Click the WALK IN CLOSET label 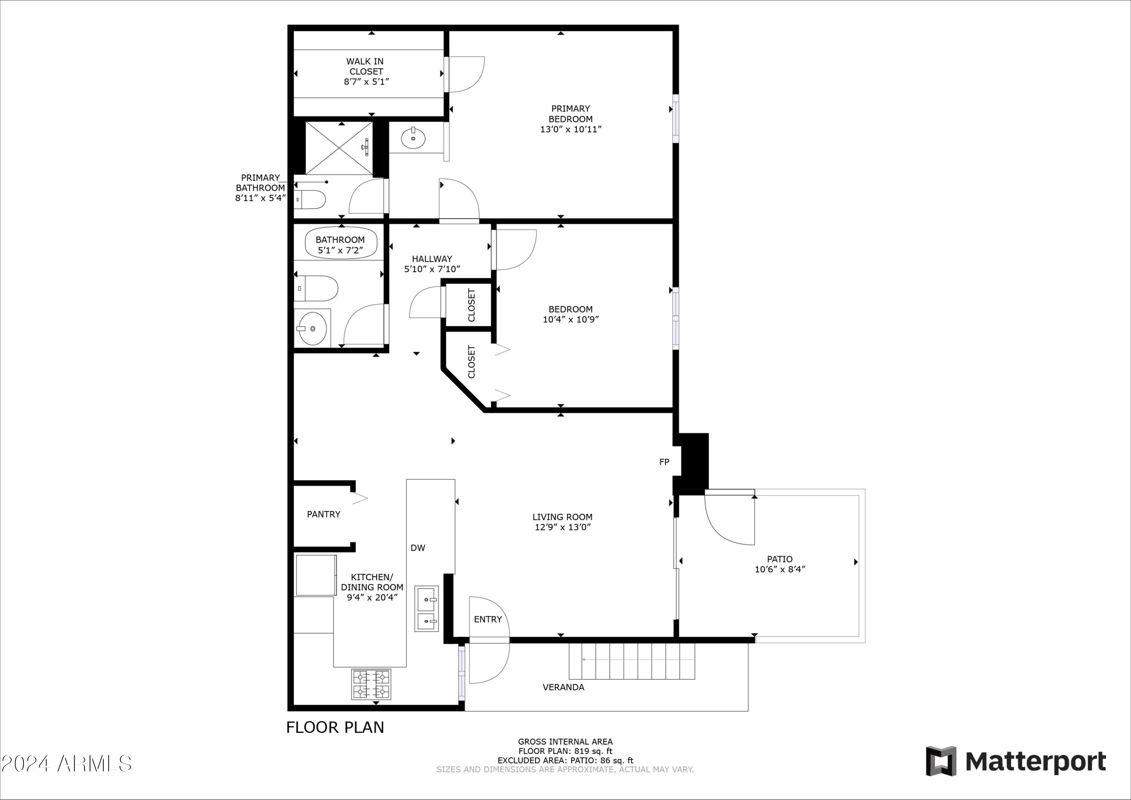pos(365,66)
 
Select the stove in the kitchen pos(371,684)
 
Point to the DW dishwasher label pos(418,548)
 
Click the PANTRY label pos(323,514)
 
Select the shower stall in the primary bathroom pos(339,148)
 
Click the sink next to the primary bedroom pos(413,138)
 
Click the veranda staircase pos(632,661)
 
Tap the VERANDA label pos(563,687)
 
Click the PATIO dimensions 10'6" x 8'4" pos(780,569)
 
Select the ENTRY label pos(488,619)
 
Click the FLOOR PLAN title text pos(335,728)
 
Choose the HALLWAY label pos(432,259)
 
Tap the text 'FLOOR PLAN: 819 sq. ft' pos(565,751)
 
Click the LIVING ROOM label pos(562,517)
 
